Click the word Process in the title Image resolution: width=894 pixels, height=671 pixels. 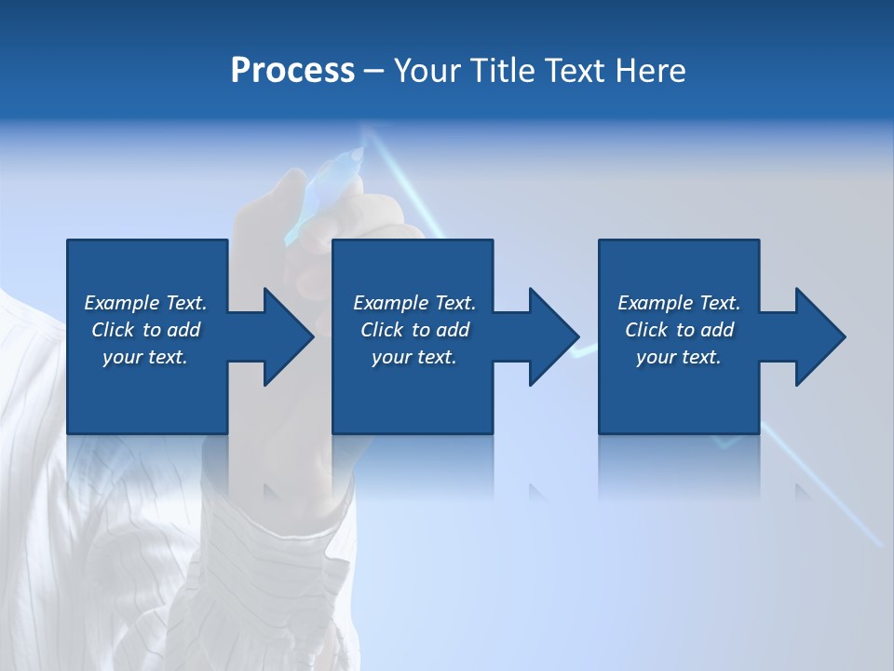[x=292, y=71]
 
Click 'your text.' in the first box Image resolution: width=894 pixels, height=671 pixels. [x=145, y=357]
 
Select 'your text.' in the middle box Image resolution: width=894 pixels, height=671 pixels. [x=413, y=357]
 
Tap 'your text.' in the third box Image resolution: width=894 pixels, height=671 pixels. [x=678, y=357]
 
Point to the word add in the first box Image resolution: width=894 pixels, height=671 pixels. [x=184, y=330]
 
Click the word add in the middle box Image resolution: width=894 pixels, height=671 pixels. [x=454, y=330]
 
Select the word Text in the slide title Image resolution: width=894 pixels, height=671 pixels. [x=574, y=71]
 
